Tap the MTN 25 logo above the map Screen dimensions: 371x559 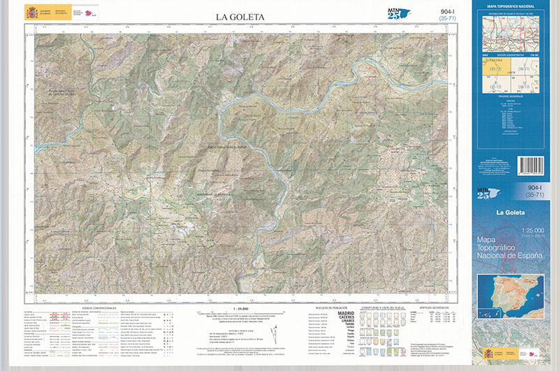click(395, 13)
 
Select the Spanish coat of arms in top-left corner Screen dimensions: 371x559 click(32, 13)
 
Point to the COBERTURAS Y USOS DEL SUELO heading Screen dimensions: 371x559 click(377, 307)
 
